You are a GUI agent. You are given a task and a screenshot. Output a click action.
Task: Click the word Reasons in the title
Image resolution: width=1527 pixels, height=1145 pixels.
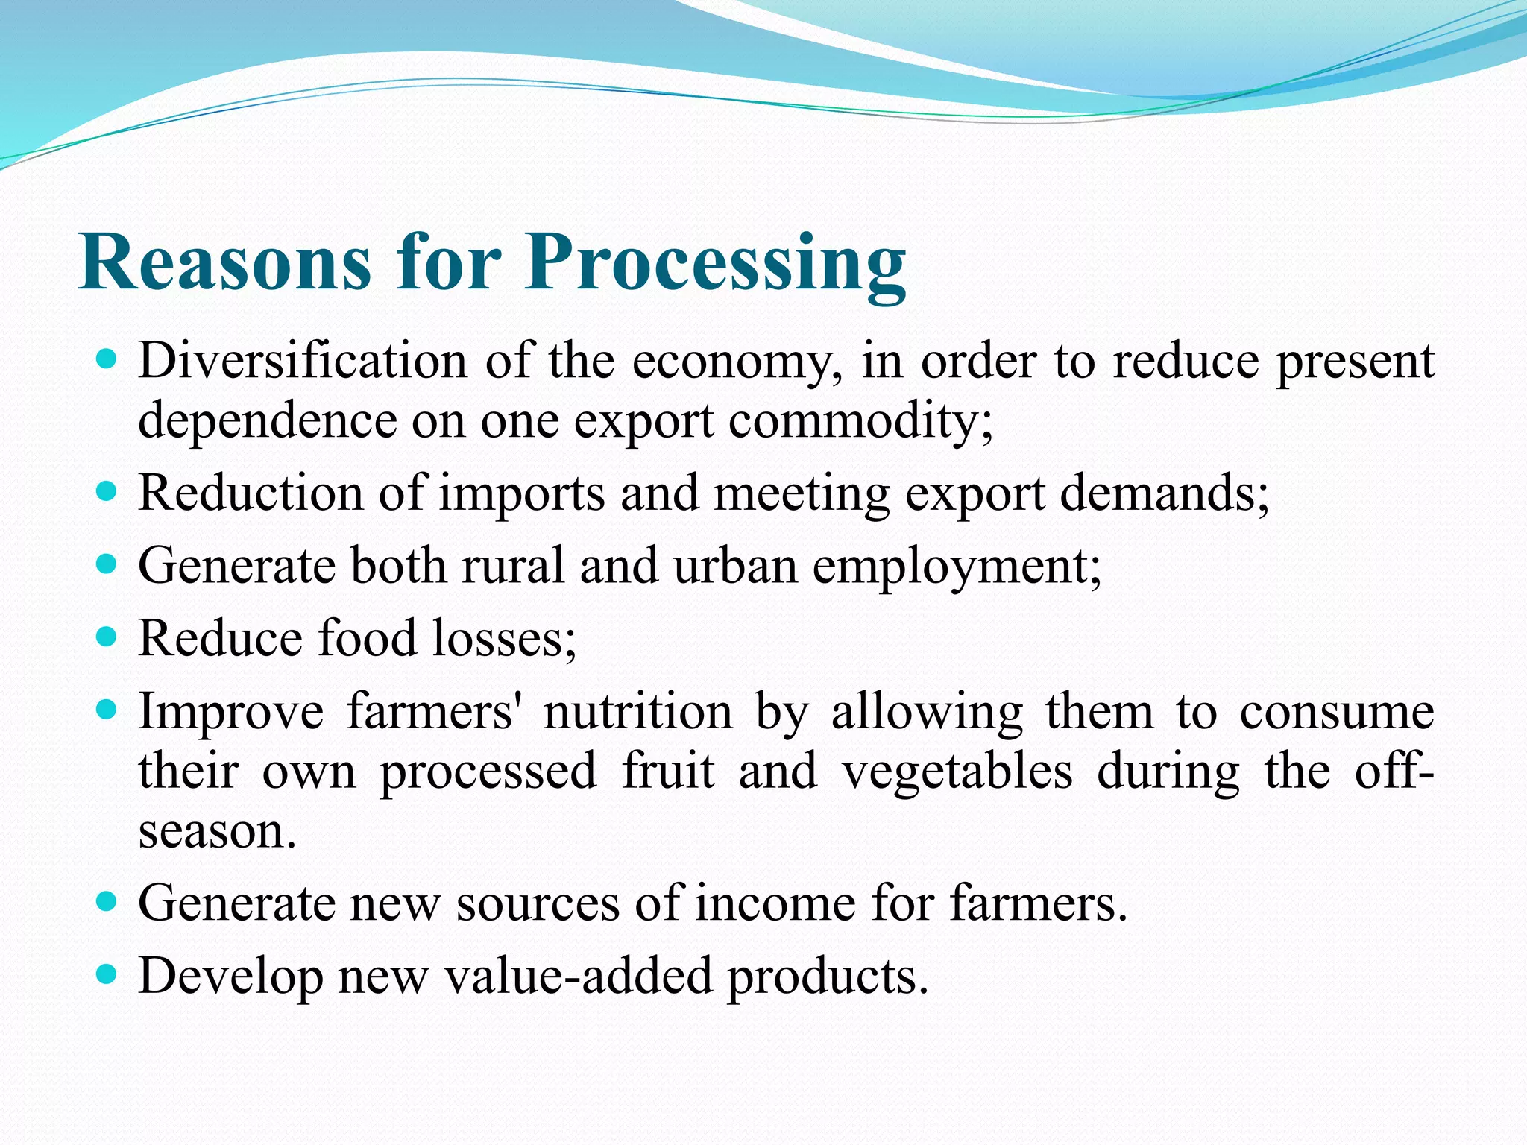(x=224, y=262)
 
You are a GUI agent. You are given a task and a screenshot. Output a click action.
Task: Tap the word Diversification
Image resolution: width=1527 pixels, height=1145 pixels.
(x=303, y=361)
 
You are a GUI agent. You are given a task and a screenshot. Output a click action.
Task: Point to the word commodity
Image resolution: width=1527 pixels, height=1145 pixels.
(x=860, y=422)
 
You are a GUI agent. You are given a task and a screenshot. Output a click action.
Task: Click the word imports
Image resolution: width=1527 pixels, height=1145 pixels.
(x=521, y=494)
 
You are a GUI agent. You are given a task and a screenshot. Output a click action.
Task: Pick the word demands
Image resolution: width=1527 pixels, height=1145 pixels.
(x=1164, y=493)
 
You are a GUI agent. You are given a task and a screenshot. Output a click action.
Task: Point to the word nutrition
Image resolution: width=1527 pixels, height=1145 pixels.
(x=638, y=711)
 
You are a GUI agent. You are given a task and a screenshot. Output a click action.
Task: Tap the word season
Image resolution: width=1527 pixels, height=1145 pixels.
(x=217, y=830)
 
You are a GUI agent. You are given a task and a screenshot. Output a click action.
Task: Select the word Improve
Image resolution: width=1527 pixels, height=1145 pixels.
(x=231, y=712)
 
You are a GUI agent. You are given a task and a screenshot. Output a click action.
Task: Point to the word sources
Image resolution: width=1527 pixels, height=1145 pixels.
(x=538, y=903)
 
